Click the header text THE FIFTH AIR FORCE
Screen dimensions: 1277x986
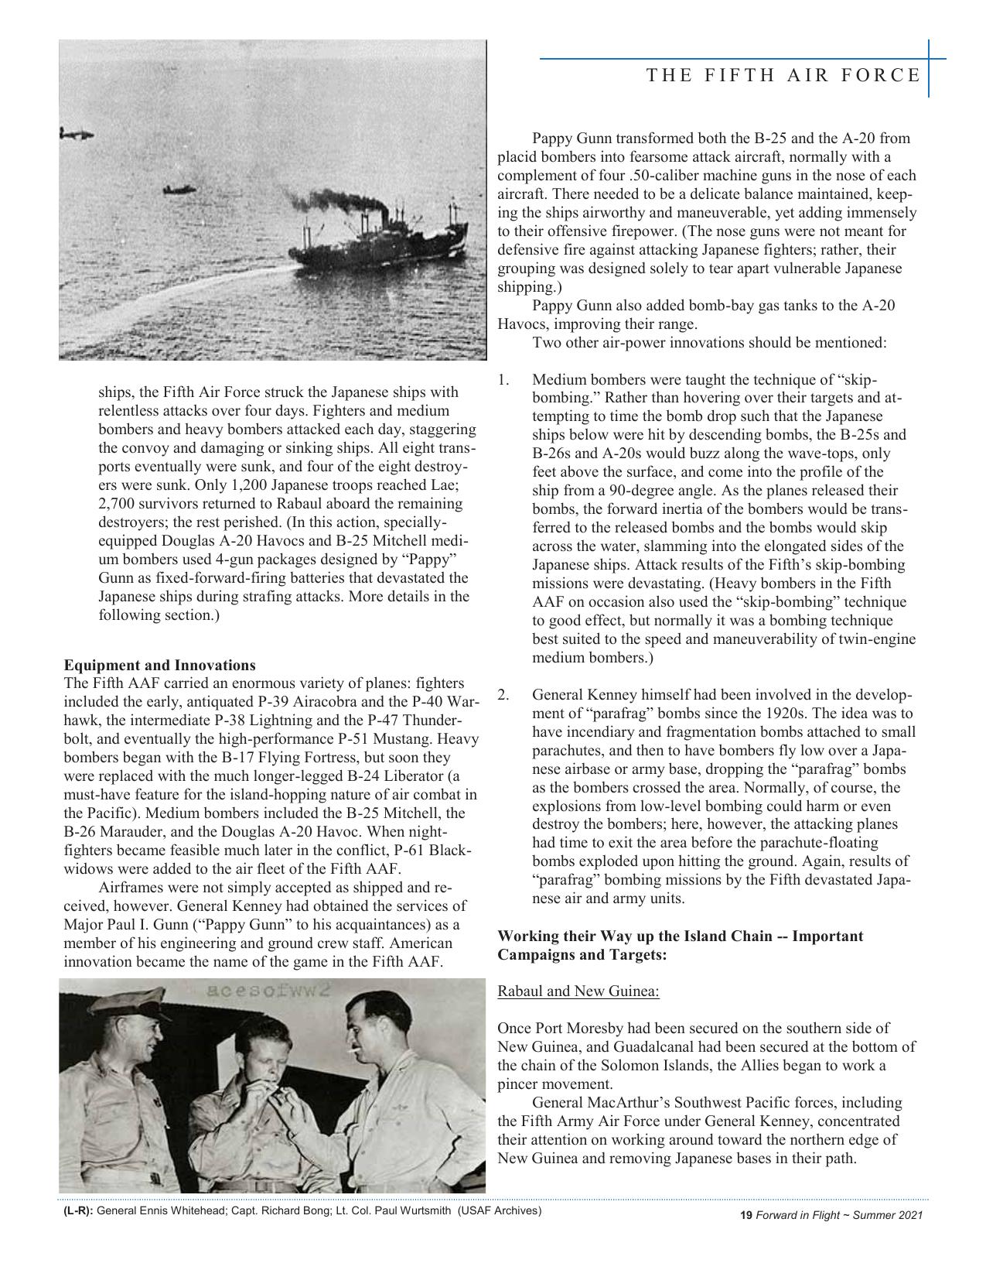tap(783, 75)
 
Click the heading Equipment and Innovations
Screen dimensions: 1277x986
tap(159, 665)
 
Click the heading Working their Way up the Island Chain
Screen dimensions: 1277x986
tap(680, 936)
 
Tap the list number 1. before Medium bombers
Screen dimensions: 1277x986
tap(503, 379)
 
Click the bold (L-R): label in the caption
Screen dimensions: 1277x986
tap(78, 1210)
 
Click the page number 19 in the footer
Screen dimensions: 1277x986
tap(746, 1216)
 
